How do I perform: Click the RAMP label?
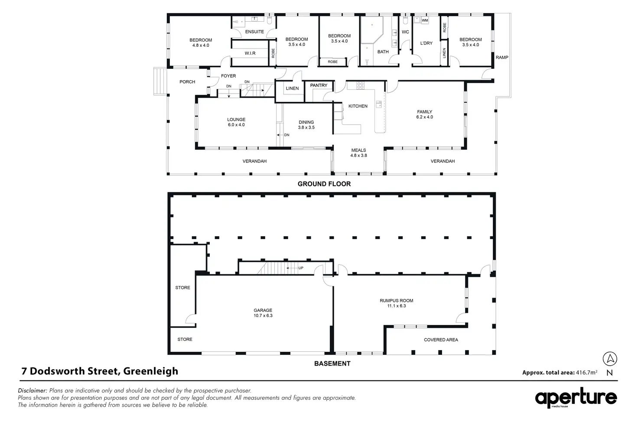[x=502, y=58]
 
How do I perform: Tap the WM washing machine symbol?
[x=425, y=20]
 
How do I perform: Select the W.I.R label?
[x=250, y=53]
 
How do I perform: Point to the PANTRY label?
[x=319, y=85]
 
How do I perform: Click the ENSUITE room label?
[x=254, y=32]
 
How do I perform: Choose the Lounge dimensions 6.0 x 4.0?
[x=236, y=125]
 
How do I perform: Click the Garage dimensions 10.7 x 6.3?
[x=263, y=316]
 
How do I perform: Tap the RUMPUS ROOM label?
[x=396, y=301]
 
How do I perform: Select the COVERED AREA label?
[x=441, y=340]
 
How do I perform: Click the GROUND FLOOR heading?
[x=324, y=184]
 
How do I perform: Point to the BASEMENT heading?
[x=332, y=364]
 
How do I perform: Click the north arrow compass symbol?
[x=610, y=359]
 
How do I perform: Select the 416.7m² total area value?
[x=586, y=372]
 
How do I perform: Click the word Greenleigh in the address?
[x=150, y=371]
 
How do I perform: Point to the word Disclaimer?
[x=33, y=390]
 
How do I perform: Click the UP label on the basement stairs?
[x=301, y=268]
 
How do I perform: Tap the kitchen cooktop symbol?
[x=360, y=86]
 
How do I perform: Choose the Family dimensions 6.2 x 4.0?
[x=424, y=117]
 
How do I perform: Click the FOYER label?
[x=228, y=76]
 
